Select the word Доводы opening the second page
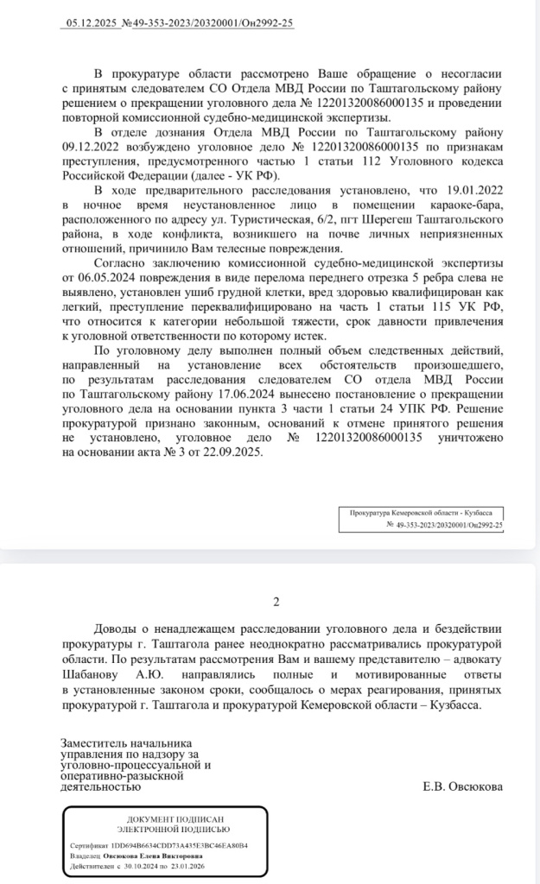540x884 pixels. (117, 629)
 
